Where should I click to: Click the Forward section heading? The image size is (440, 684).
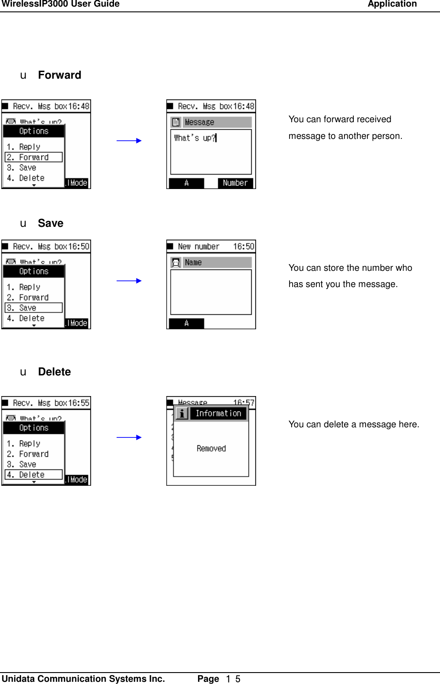tap(59, 75)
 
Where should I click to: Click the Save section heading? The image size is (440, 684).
tap(51, 223)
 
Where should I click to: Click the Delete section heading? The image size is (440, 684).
tap(54, 372)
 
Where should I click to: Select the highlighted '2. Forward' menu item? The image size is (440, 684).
tap(33, 157)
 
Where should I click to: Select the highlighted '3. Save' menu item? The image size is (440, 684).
tap(33, 308)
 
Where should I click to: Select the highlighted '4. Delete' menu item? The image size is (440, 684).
tap(33, 475)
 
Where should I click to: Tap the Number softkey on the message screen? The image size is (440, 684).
tap(235, 183)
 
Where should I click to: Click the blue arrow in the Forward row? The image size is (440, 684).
tap(129, 141)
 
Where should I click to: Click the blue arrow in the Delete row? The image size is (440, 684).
tap(129, 437)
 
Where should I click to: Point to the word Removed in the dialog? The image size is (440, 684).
tap(211, 448)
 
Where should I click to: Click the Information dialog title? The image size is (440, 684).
tap(218, 413)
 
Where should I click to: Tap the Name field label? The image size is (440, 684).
tap(193, 262)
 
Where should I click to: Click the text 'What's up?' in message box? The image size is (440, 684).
tap(194, 138)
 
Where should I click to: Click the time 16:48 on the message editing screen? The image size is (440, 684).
tap(244, 106)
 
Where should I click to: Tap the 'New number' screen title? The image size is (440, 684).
tap(198, 247)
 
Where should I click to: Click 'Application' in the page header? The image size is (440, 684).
tap(392, 4)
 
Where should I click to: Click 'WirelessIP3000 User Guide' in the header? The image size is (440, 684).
tap(61, 4)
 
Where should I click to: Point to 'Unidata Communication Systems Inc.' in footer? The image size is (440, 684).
tap(84, 679)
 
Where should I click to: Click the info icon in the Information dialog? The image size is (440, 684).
tap(182, 413)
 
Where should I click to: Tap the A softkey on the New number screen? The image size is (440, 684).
tap(187, 324)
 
